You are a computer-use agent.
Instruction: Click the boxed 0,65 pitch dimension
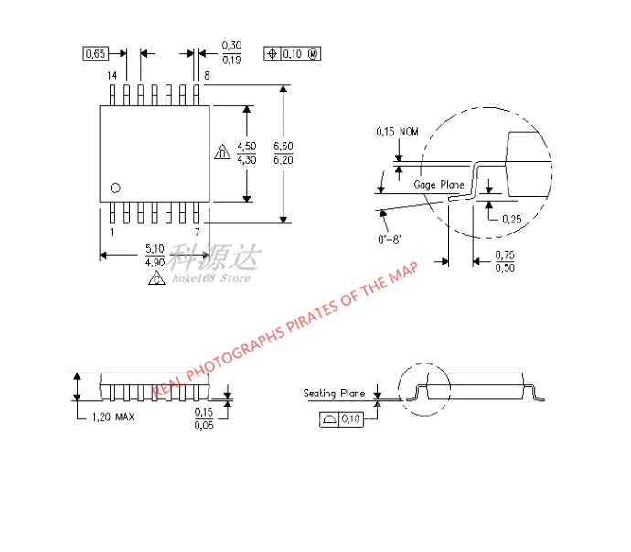point(95,55)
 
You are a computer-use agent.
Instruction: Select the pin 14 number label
point(112,75)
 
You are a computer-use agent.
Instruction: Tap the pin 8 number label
point(207,76)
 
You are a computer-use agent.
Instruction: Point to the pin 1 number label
point(112,233)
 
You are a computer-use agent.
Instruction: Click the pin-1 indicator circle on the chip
point(115,188)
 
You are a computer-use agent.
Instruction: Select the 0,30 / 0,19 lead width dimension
point(232,53)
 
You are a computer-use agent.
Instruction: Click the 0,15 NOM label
point(397,132)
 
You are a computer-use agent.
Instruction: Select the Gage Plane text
point(439,185)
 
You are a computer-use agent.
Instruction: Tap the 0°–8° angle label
point(390,240)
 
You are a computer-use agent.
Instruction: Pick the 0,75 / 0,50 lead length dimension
point(504,261)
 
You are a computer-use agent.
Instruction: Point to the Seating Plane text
point(334,394)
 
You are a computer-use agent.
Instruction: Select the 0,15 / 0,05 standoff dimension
point(203,419)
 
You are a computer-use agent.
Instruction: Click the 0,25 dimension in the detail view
point(512,219)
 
